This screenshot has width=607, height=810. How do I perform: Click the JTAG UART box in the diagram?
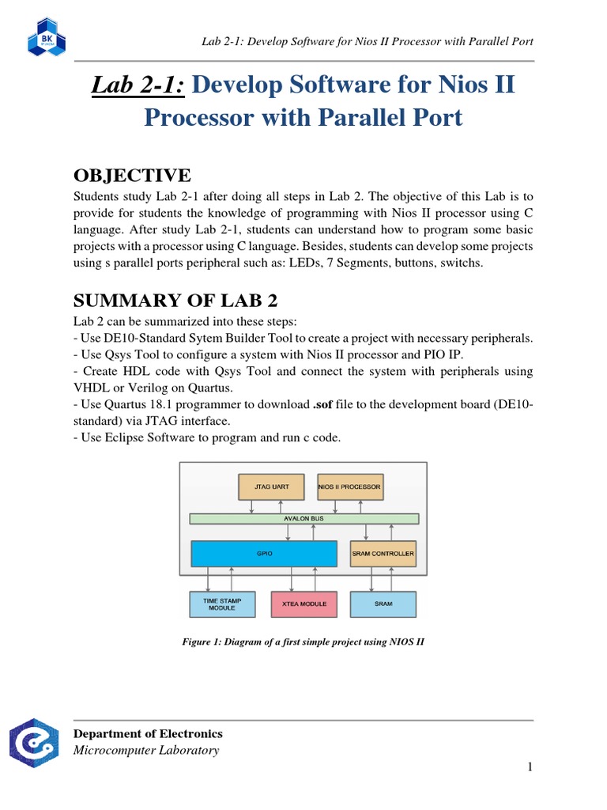tap(270, 486)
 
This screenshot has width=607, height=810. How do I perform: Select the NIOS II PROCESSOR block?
tap(349, 486)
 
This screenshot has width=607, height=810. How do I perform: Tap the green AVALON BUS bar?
tap(304, 519)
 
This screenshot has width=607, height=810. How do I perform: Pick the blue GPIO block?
tap(265, 554)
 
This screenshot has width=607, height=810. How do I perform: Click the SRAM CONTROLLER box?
tap(383, 554)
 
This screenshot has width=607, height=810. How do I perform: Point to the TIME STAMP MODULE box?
tap(217, 604)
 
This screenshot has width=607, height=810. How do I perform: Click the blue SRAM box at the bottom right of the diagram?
tap(383, 604)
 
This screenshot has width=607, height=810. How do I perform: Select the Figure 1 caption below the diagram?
tap(303, 642)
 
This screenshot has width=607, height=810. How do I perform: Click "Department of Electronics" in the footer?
tap(148, 733)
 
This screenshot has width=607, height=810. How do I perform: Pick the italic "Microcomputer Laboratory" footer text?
tap(146, 750)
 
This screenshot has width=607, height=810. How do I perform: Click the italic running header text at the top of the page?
tap(368, 41)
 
